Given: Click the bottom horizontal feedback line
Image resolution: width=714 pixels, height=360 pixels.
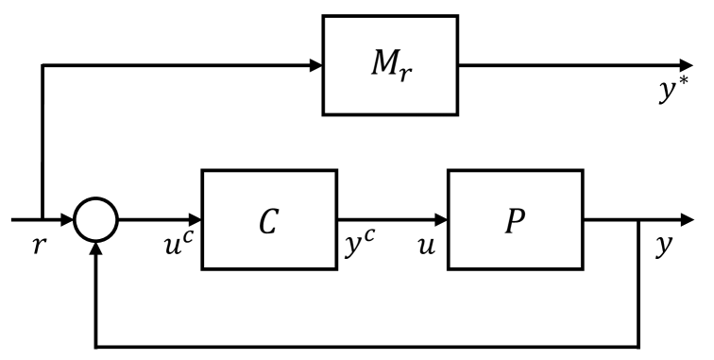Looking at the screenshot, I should point(368,345).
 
